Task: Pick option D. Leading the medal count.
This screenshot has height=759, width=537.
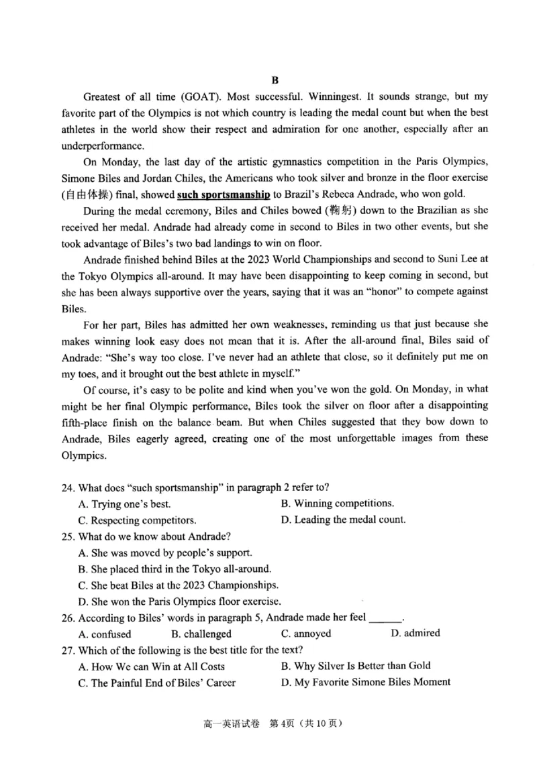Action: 343,519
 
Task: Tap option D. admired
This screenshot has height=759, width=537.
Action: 416,633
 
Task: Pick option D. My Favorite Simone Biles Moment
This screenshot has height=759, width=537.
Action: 365,683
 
